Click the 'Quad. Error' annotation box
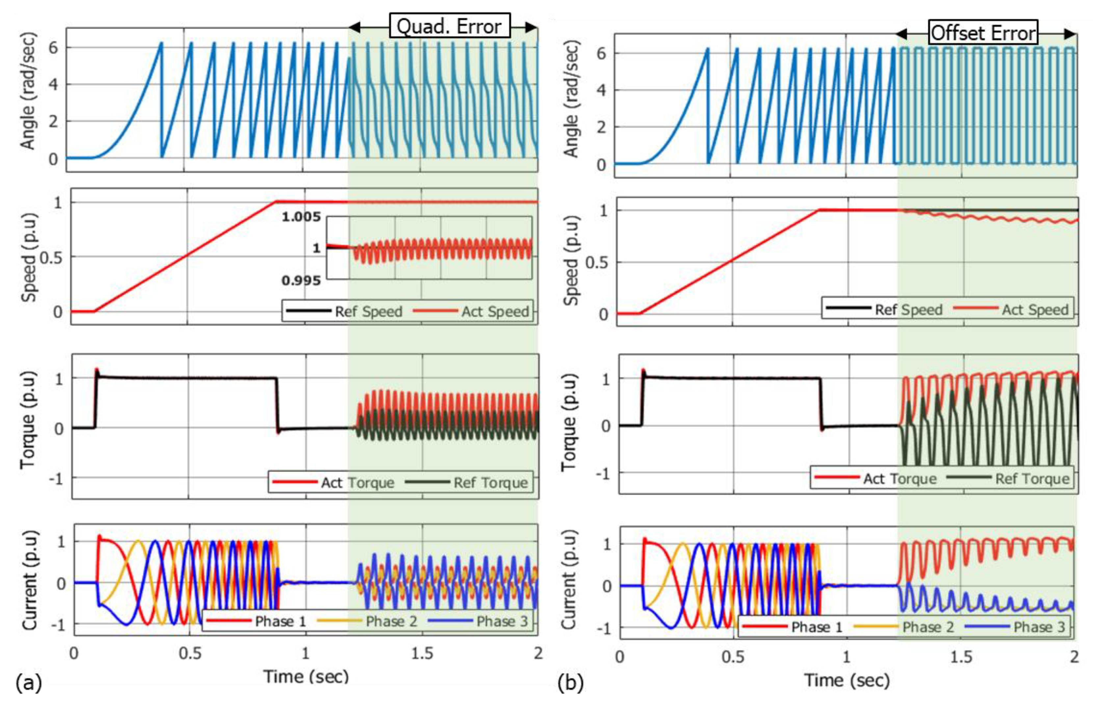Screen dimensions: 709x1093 [449, 26]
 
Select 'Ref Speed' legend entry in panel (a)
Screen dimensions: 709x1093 [368, 311]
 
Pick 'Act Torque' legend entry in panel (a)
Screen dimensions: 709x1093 [357, 483]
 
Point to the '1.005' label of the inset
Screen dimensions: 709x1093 [301, 216]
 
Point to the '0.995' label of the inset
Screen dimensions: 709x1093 [301, 280]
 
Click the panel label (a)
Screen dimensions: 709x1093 [29, 683]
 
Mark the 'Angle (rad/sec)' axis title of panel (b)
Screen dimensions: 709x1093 [571, 99]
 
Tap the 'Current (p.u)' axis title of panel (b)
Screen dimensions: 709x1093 [569, 581]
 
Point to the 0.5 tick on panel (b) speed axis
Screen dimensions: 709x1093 [597, 263]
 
